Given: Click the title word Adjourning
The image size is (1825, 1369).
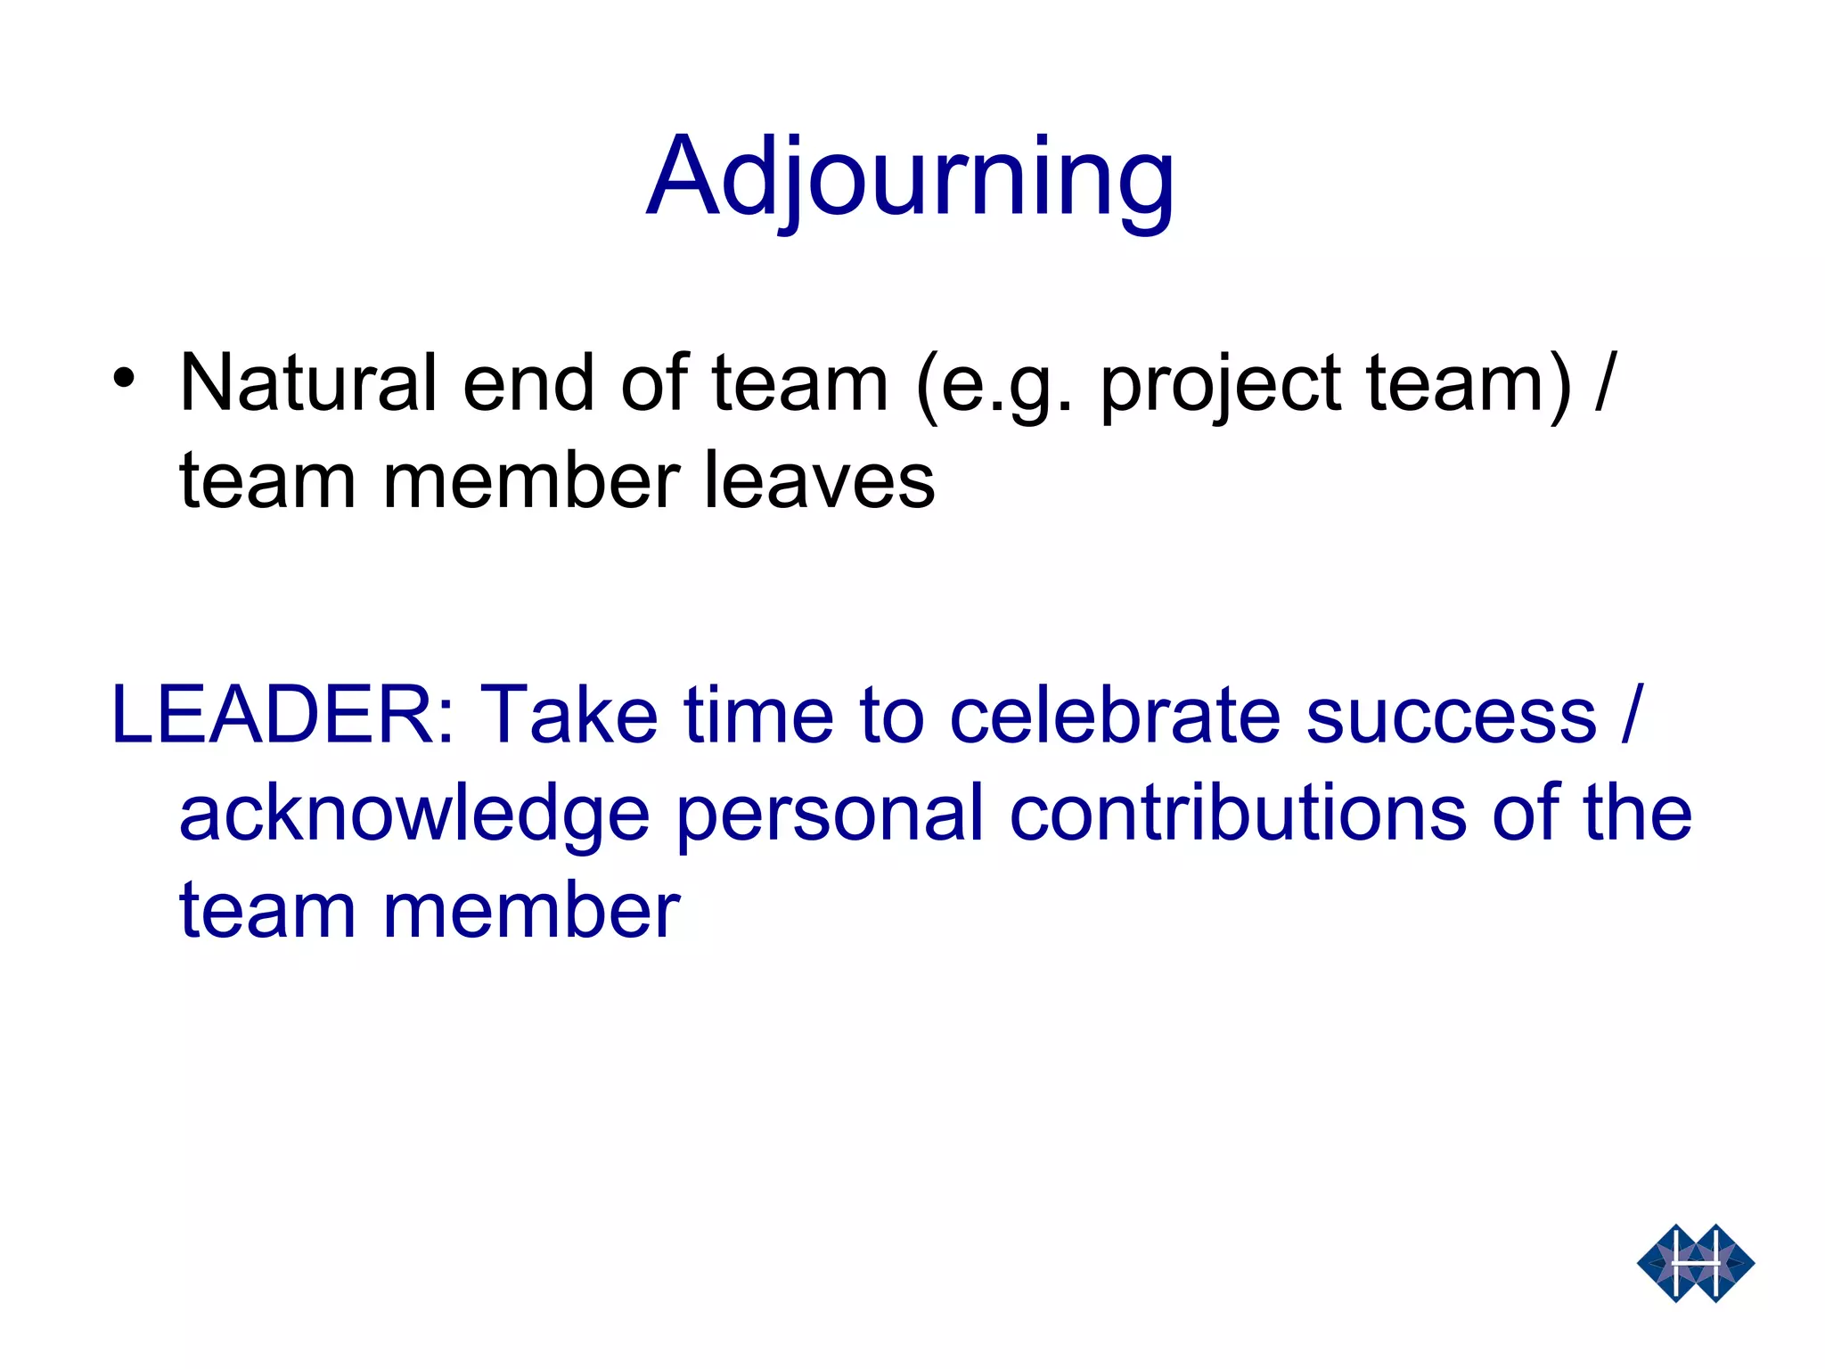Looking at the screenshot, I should [910, 177].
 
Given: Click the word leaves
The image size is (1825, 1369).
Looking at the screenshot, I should [819, 481].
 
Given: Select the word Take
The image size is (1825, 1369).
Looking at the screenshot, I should [569, 715].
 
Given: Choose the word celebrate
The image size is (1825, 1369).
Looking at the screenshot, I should [1114, 715].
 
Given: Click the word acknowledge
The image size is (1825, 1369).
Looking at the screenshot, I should [414, 816].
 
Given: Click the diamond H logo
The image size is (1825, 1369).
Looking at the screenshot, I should [1695, 1263].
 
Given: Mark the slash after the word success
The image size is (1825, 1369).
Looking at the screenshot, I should [1631, 715].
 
